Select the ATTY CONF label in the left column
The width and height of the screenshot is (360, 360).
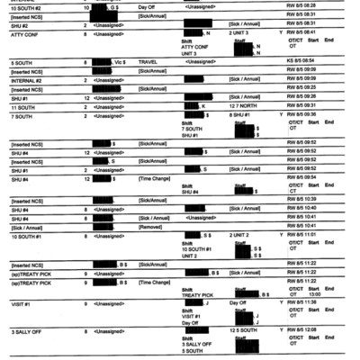[x=24, y=35]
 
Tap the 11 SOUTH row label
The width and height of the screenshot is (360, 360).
[x=23, y=106]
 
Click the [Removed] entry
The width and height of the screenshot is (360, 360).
[x=151, y=226]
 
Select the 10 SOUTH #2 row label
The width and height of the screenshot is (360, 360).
[x=27, y=7]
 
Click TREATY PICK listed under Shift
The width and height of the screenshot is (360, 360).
[x=197, y=294]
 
